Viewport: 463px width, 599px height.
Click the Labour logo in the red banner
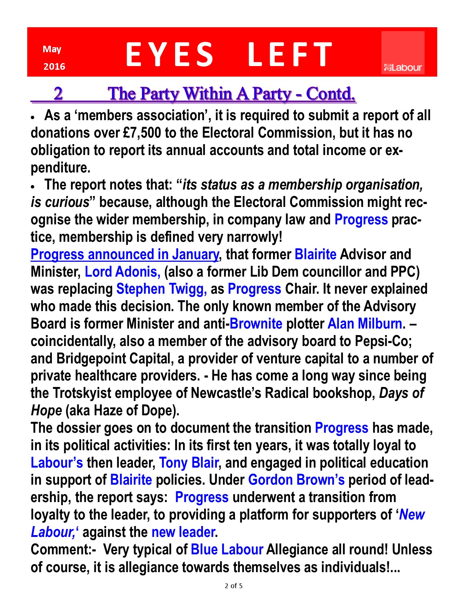pos(403,53)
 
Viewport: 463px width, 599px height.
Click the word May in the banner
pos(52,49)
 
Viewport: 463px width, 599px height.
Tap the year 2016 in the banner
pos(54,66)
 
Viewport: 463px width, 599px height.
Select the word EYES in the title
pos(169,54)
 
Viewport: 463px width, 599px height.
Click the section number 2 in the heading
pos(58,94)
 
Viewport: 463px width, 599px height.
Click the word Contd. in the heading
pos(330,94)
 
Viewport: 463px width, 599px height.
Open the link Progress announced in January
pos(125,254)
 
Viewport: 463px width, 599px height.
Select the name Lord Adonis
pos(122,272)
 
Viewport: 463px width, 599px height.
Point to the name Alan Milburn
pos(365,324)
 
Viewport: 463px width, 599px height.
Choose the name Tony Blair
pos(188,463)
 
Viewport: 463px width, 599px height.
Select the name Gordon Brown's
pos(296,480)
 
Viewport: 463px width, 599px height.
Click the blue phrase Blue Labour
pos(227,550)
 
